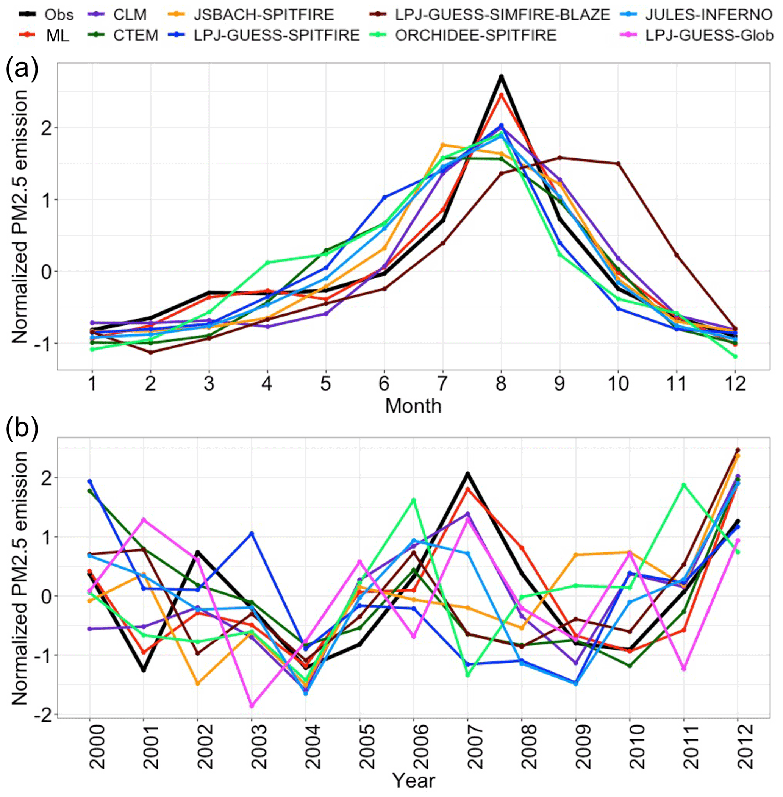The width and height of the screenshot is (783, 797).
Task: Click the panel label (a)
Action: click(x=21, y=69)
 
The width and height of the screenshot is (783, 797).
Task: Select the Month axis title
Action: click(x=413, y=406)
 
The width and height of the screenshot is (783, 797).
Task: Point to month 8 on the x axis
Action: click(x=501, y=384)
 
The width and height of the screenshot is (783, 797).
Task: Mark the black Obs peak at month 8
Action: click(x=501, y=77)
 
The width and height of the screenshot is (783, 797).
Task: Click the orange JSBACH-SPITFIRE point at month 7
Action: click(x=442, y=145)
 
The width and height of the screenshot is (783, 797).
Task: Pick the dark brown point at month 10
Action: click(x=618, y=164)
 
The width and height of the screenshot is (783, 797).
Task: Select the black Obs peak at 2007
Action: click(x=467, y=474)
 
